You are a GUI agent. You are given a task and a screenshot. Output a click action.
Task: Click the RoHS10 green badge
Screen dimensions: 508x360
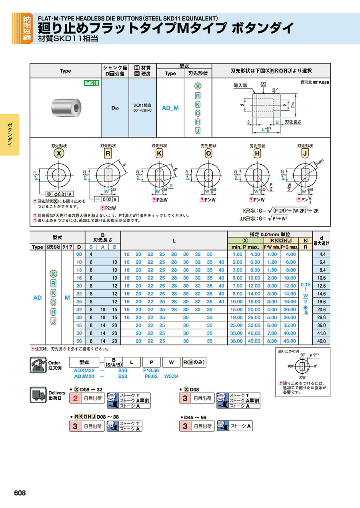pyautogui.click(x=92, y=83)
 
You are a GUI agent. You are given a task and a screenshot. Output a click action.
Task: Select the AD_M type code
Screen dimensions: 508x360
pyautogui.click(x=170, y=108)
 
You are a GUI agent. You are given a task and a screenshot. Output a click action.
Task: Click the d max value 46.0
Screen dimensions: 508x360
pyautogui.click(x=321, y=341)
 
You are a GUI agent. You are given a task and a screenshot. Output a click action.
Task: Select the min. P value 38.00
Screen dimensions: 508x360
pyautogui.click(x=237, y=341)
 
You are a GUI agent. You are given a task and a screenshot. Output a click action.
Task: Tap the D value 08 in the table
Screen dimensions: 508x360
pyautogui.click(x=79, y=254)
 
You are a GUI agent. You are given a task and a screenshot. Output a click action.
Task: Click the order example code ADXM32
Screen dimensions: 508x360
pyautogui.click(x=84, y=371)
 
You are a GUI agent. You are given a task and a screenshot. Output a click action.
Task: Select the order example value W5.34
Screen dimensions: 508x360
pyautogui.click(x=171, y=376)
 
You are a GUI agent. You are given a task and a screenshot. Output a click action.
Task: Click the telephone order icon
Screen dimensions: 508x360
pyautogui.click(x=38, y=365)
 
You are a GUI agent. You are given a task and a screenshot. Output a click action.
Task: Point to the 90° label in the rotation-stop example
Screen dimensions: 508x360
pyautogui.click(x=302, y=355)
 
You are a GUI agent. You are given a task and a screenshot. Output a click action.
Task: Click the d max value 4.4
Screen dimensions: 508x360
pyautogui.click(x=321, y=254)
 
